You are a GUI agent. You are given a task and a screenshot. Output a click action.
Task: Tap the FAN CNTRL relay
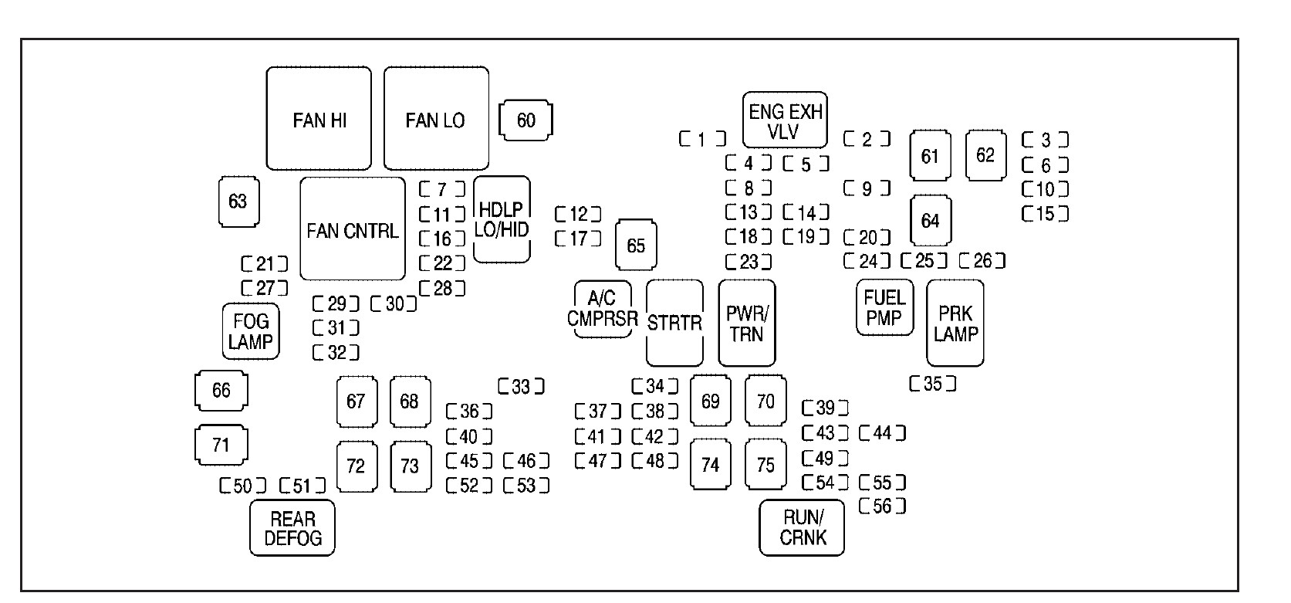pyautogui.click(x=353, y=229)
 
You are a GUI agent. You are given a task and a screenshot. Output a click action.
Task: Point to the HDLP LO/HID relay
pyautogui.click(x=502, y=220)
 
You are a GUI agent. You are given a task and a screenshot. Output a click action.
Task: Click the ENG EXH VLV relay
pyautogui.click(x=785, y=120)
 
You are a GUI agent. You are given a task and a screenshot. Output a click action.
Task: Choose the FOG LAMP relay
pyautogui.click(x=251, y=331)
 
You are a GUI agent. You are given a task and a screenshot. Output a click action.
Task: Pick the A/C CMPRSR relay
pyautogui.click(x=603, y=309)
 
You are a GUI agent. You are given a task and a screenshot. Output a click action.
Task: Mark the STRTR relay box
pyautogui.click(x=674, y=323)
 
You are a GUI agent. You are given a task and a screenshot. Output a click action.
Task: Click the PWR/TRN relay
pyautogui.click(x=746, y=323)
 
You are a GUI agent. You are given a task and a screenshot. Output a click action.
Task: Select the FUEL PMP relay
pyautogui.click(x=884, y=307)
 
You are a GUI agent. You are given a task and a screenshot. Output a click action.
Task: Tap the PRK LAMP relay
pyautogui.click(x=955, y=323)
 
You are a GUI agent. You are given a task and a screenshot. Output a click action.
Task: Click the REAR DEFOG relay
pyautogui.click(x=292, y=528)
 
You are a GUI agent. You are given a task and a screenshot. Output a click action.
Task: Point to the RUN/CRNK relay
pyautogui.click(x=803, y=528)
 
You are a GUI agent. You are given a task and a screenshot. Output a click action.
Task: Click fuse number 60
pyautogui.click(x=526, y=120)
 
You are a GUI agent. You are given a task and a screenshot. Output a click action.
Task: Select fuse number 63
pyautogui.click(x=238, y=202)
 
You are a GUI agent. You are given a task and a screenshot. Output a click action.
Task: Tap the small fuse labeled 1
pyautogui.click(x=702, y=139)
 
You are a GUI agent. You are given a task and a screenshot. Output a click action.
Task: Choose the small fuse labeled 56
pyautogui.click(x=882, y=506)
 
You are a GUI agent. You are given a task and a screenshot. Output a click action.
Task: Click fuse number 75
pyautogui.click(x=765, y=465)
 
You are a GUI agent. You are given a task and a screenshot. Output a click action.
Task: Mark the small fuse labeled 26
pyautogui.click(x=982, y=261)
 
